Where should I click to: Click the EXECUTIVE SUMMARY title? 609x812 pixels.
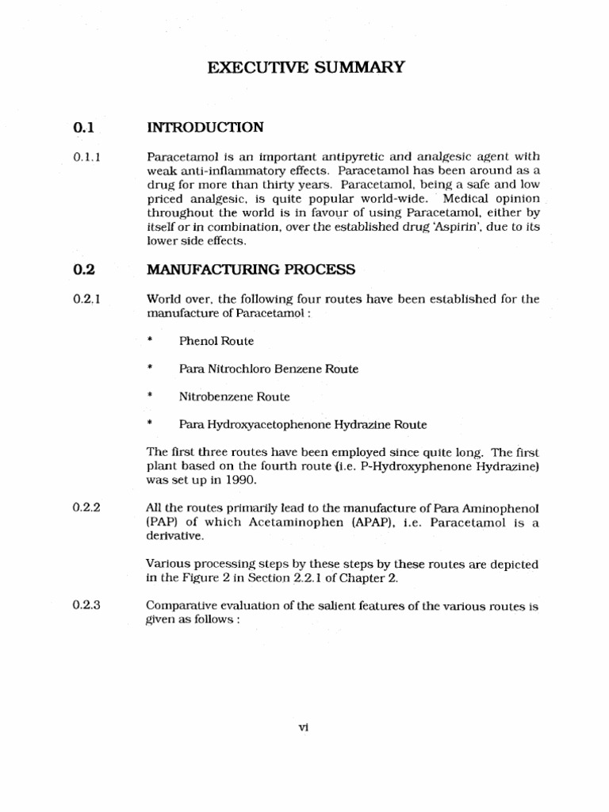pyautogui.click(x=305, y=68)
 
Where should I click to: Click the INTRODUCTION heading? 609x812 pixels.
pyautogui.click(x=205, y=127)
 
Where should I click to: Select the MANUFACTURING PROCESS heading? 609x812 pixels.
pyautogui.click(x=251, y=270)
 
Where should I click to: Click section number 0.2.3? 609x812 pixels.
pyautogui.click(x=86, y=607)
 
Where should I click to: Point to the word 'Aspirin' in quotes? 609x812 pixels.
pyautogui.click(x=454, y=228)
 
